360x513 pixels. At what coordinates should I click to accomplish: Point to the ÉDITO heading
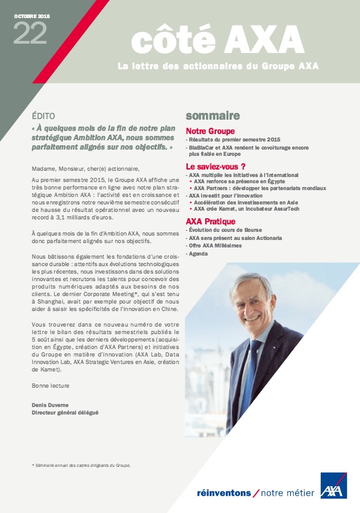coord(43,116)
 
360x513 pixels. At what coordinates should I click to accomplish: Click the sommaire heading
coord(213,116)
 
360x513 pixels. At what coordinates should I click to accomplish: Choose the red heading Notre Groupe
coord(210,132)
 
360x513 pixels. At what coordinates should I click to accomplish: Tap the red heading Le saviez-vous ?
coord(216,166)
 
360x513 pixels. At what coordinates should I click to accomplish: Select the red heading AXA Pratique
coord(210,221)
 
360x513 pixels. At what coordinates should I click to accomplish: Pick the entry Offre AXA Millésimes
coord(217,246)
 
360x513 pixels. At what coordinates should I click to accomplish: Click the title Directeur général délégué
coord(65,413)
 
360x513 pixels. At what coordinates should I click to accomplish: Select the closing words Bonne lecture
coord(51,386)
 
